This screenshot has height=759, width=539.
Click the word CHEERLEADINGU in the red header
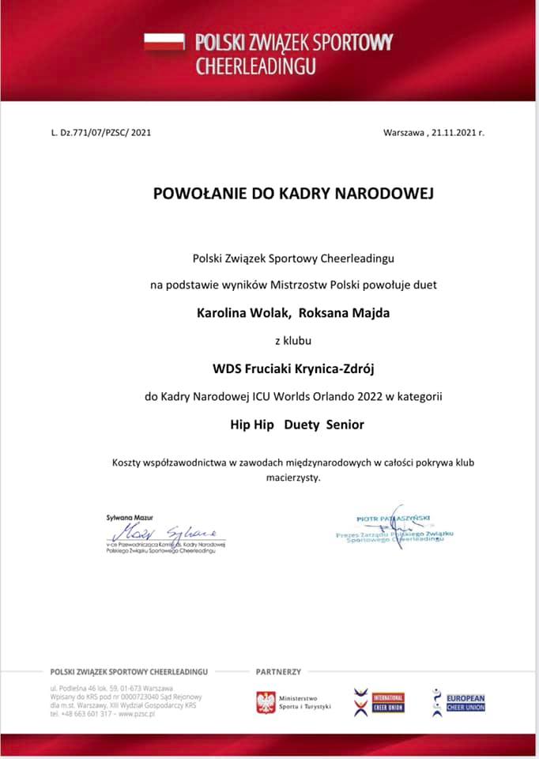[255, 65]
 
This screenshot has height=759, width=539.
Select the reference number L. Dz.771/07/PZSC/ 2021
[100, 132]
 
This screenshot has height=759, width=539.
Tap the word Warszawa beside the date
[403, 132]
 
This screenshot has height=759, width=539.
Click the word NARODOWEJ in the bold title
[379, 193]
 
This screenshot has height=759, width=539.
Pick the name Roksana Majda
[345, 312]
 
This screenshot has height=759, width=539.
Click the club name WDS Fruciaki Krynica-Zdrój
[292, 368]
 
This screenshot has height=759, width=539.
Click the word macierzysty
[292, 477]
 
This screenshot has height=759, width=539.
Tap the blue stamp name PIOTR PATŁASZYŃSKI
[393, 519]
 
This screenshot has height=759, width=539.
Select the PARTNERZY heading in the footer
[278, 671]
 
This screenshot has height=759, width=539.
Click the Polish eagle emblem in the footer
[266, 702]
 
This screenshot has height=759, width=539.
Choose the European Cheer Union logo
[459, 702]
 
